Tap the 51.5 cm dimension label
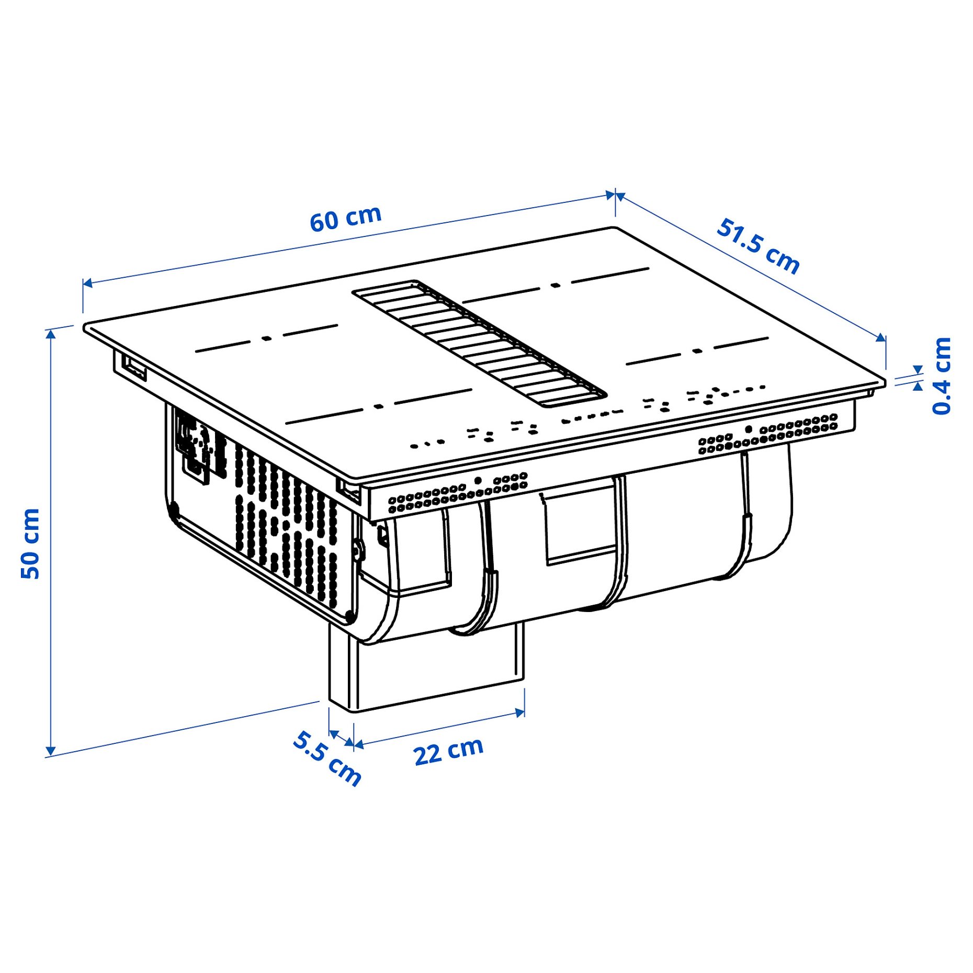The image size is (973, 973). [x=757, y=246]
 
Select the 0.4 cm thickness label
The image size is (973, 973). [x=941, y=376]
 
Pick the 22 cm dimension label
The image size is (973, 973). [x=448, y=752]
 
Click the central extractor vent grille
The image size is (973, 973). [x=479, y=343]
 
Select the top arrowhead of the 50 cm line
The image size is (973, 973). [x=50, y=334]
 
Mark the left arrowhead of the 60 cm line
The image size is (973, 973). [x=87, y=283]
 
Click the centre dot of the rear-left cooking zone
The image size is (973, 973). [x=267, y=338]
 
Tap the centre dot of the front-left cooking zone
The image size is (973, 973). [x=379, y=406]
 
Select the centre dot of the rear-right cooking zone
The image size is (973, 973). [x=555, y=285]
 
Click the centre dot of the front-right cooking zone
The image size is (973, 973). [x=697, y=350]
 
